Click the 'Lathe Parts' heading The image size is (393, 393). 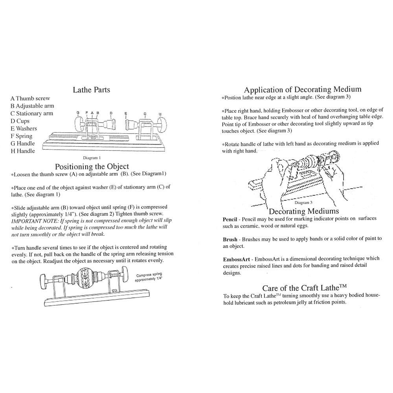click(x=91, y=90)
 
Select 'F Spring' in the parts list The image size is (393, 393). click(x=22, y=136)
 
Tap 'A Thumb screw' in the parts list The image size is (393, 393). click(x=30, y=99)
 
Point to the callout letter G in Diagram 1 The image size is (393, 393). click(x=78, y=113)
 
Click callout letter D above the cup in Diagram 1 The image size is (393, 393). click(x=111, y=113)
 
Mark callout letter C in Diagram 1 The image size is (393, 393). click(x=145, y=114)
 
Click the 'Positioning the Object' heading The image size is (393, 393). click(x=92, y=167)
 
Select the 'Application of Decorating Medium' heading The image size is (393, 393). click(x=302, y=90)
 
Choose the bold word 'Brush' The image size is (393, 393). click(x=230, y=239)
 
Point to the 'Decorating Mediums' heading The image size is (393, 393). click(x=304, y=211)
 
